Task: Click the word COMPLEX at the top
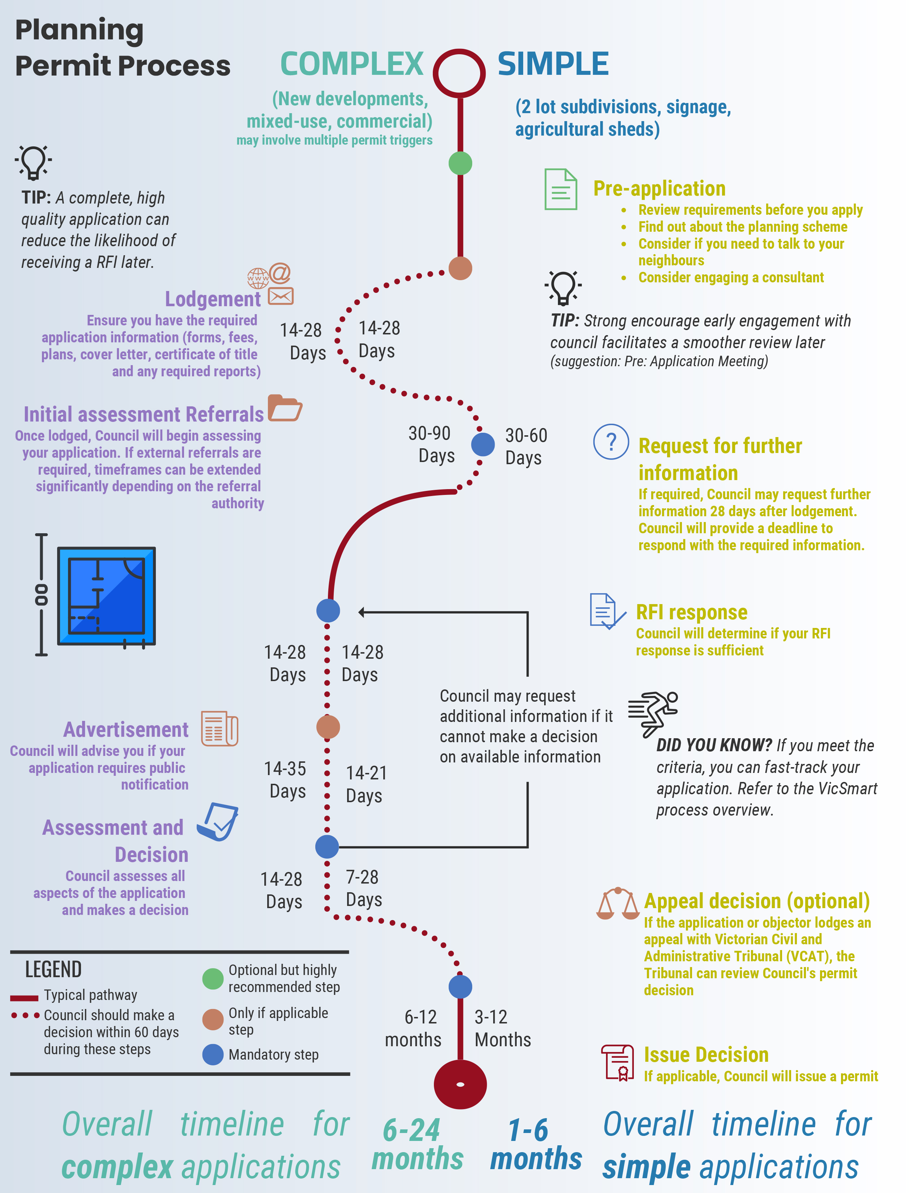point(352,64)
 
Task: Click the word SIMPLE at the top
point(553,64)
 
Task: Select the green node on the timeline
point(460,163)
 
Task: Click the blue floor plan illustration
point(107,595)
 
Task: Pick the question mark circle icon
point(611,441)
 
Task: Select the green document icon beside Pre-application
point(561,189)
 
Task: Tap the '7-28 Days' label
point(363,888)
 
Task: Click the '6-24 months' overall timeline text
point(417,1144)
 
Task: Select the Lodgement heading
point(213,299)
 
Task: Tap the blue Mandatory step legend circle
point(213,1054)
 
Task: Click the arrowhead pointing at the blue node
point(362,612)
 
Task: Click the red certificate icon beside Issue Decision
point(618,1062)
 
